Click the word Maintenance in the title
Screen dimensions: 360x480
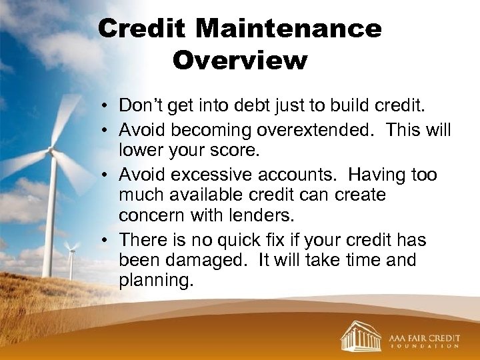[289, 29]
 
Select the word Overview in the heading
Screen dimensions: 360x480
[240, 60]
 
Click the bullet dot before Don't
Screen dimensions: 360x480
[106, 106]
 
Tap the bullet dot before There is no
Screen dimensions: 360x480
[106, 240]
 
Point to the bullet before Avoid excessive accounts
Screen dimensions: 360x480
[106, 175]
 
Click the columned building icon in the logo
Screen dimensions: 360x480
[361, 335]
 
